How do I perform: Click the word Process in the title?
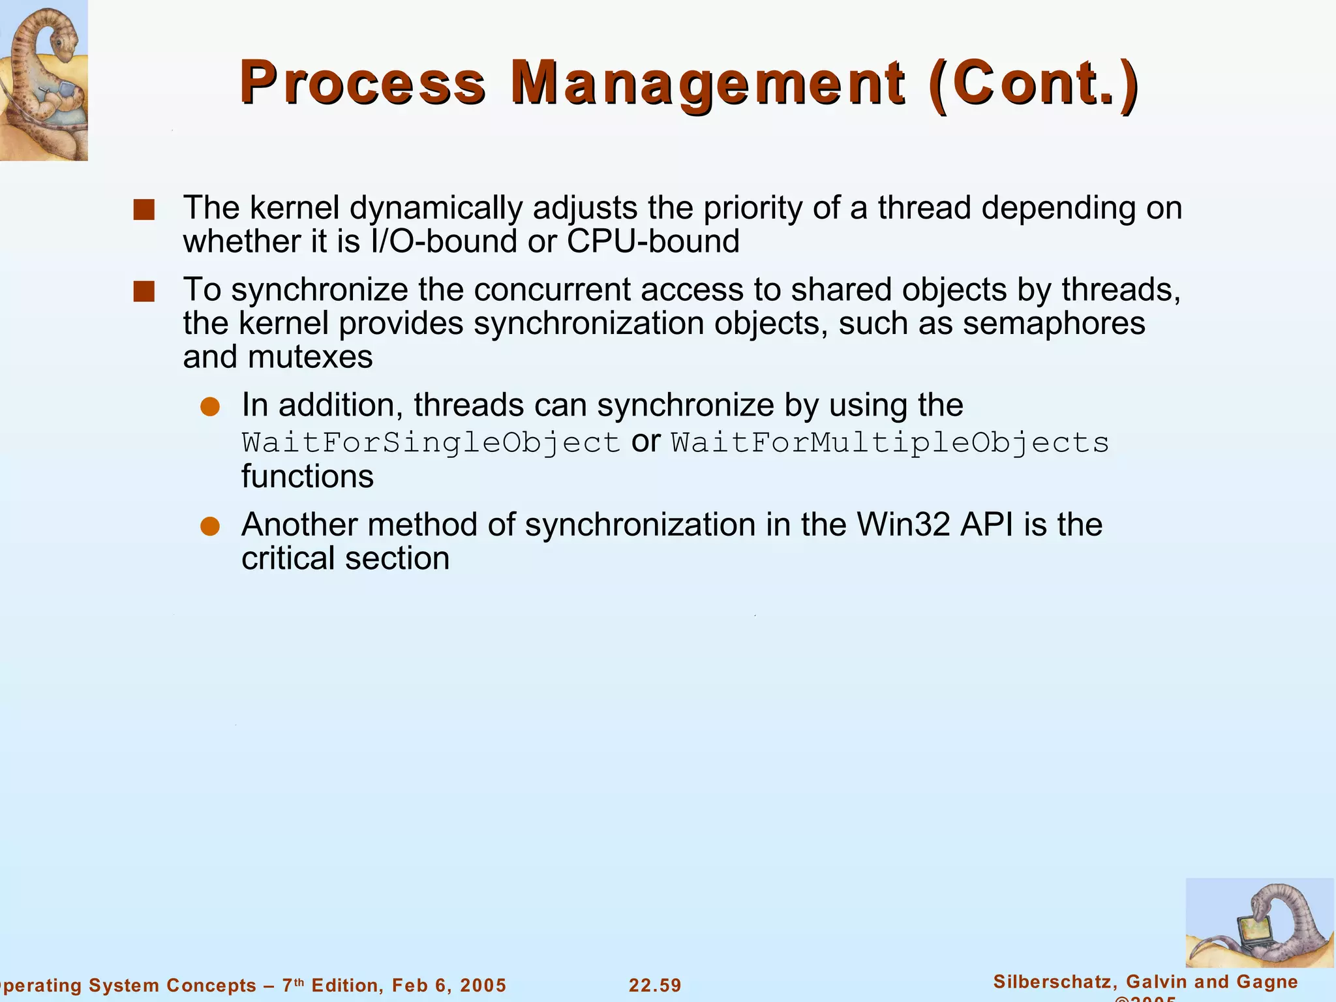pyautogui.click(x=363, y=83)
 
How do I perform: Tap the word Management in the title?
pyautogui.click(x=707, y=83)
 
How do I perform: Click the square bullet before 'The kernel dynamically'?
pyautogui.click(x=144, y=210)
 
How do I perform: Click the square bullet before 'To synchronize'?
pyautogui.click(x=144, y=292)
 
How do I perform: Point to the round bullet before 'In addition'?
pyautogui.click(x=210, y=407)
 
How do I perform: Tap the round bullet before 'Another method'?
pyautogui.click(x=210, y=526)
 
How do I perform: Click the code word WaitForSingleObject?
pyautogui.click(x=431, y=443)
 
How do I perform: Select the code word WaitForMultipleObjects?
pyautogui.click(x=890, y=443)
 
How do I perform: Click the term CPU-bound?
pyautogui.click(x=653, y=241)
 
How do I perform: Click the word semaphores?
pyautogui.click(x=1054, y=324)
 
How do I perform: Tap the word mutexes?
pyautogui.click(x=310, y=357)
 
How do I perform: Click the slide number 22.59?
pyautogui.click(x=655, y=985)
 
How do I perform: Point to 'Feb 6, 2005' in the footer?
pyautogui.click(x=449, y=985)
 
